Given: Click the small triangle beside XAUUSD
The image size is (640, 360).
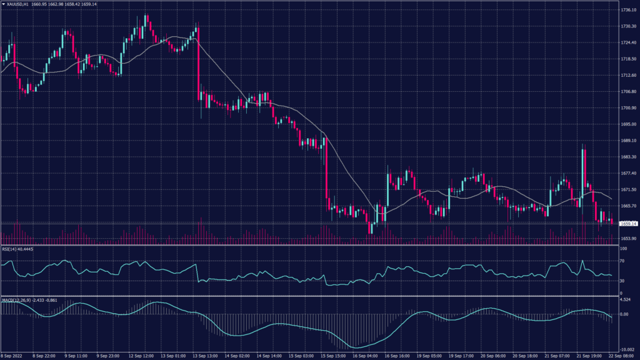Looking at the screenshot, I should pos(3,4).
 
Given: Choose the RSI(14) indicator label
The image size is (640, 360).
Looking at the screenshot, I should pos(9,249).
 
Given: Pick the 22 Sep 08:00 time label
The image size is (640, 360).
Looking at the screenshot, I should pos(625,356).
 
